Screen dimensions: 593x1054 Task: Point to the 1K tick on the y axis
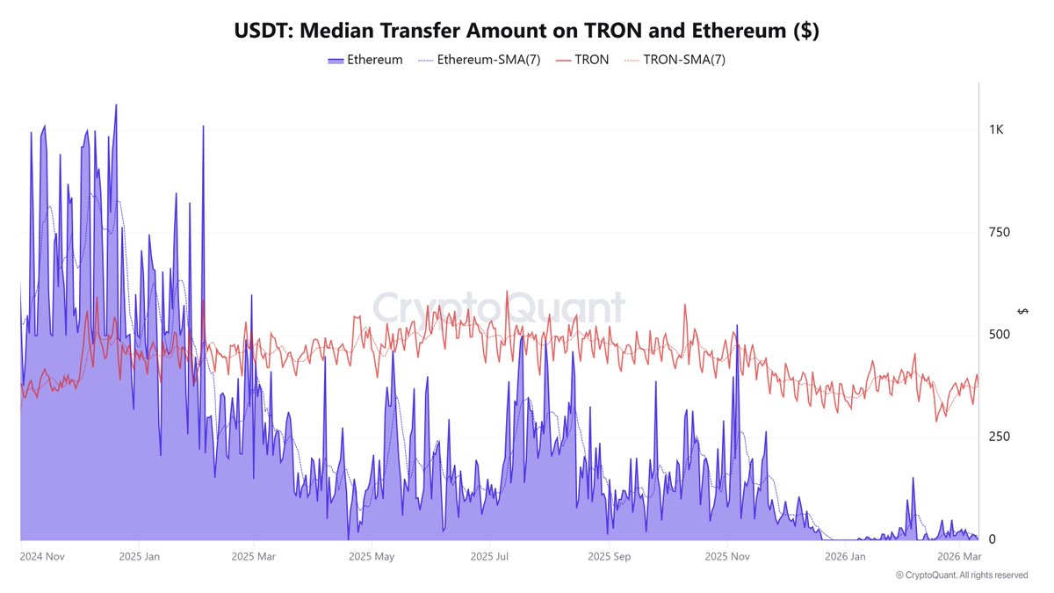coord(996,130)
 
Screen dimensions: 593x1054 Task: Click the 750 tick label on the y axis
coord(999,232)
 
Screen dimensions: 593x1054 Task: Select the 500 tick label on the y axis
coord(999,335)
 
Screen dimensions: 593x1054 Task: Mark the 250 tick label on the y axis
coord(999,437)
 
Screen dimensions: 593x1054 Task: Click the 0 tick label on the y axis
coord(992,539)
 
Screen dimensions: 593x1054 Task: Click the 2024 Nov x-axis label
coord(42,556)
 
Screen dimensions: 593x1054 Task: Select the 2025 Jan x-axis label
coord(141,556)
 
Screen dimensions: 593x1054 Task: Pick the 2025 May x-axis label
coord(372,556)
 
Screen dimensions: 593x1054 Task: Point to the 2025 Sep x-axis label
coord(610,556)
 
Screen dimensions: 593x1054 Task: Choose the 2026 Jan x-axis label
coord(845,556)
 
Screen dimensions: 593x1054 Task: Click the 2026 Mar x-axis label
coord(959,556)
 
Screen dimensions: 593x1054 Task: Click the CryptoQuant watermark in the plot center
coord(499,309)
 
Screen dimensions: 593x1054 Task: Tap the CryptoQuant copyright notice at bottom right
coord(962,575)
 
